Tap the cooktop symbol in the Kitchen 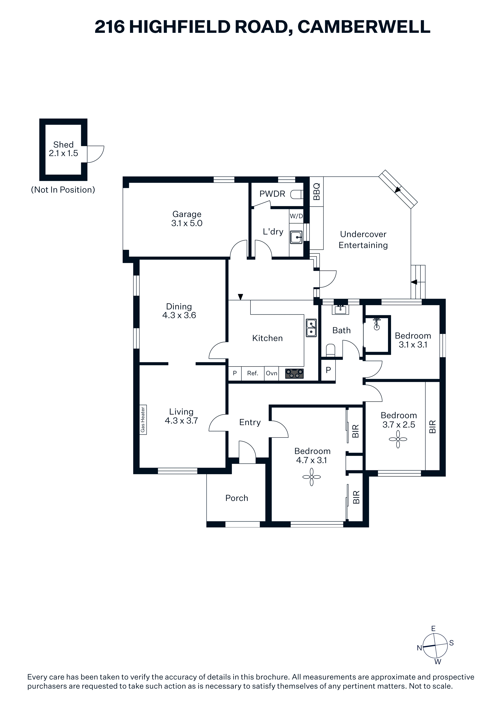(294, 374)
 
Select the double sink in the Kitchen (311, 328)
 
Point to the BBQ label (316, 192)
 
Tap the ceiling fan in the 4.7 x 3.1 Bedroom (312, 477)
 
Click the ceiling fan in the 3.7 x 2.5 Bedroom (398, 439)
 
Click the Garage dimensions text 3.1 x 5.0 (187, 223)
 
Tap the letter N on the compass (419, 648)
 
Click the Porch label (237, 498)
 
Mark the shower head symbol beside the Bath (377, 324)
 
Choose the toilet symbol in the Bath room (331, 350)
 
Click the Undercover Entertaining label (363, 240)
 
